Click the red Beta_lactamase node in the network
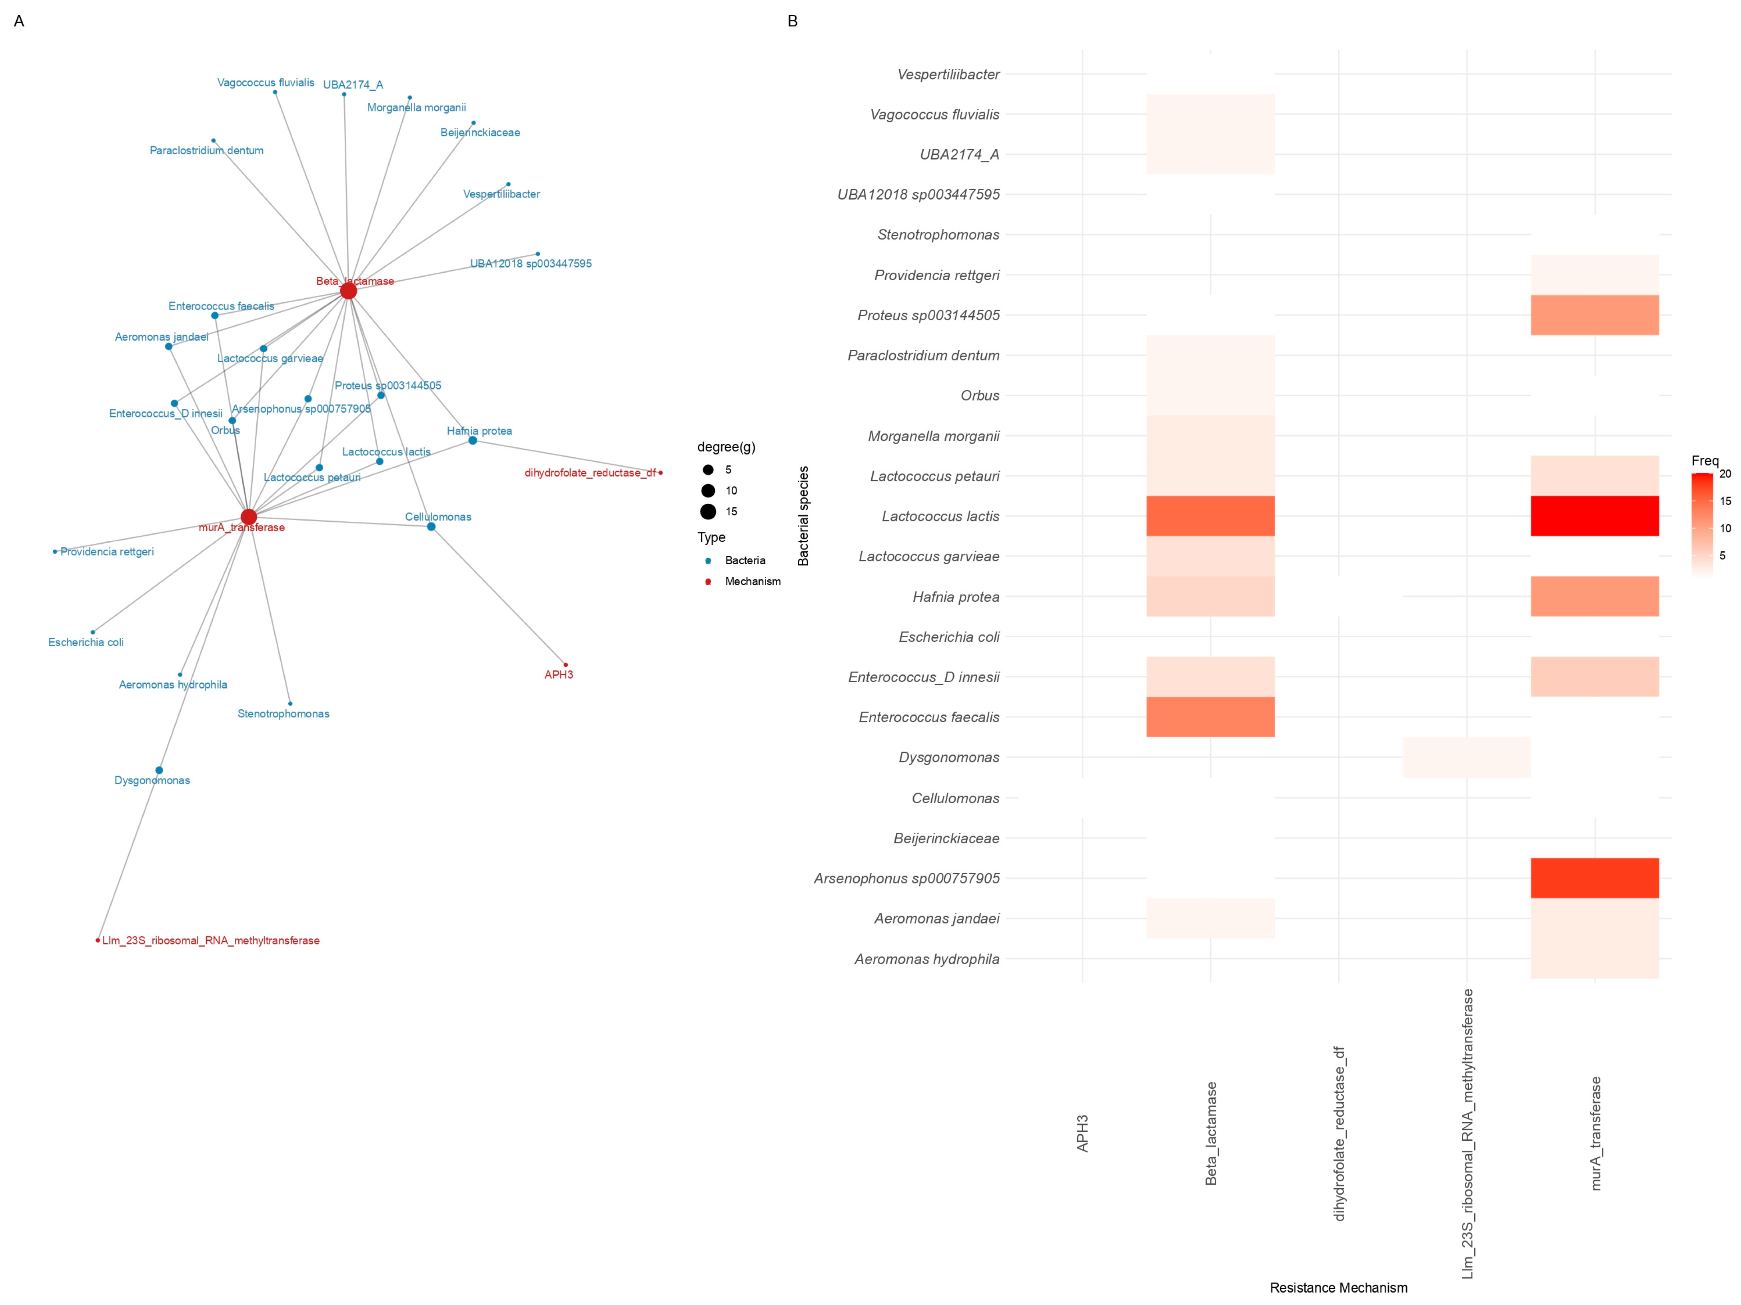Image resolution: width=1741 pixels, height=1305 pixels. (x=348, y=291)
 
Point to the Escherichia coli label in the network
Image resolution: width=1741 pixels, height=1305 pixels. (x=86, y=642)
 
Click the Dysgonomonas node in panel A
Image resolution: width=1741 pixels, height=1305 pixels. (x=159, y=770)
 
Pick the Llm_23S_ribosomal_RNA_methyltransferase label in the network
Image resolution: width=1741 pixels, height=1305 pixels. (x=210, y=941)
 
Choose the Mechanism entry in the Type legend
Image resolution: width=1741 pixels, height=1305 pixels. (x=753, y=582)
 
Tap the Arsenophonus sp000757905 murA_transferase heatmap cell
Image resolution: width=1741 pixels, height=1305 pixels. (x=1595, y=878)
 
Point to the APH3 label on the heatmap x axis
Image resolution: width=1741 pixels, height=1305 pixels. (x=1082, y=1133)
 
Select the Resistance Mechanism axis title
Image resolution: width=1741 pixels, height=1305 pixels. (x=1338, y=1288)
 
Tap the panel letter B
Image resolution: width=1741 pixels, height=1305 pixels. (x=793, y=21)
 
